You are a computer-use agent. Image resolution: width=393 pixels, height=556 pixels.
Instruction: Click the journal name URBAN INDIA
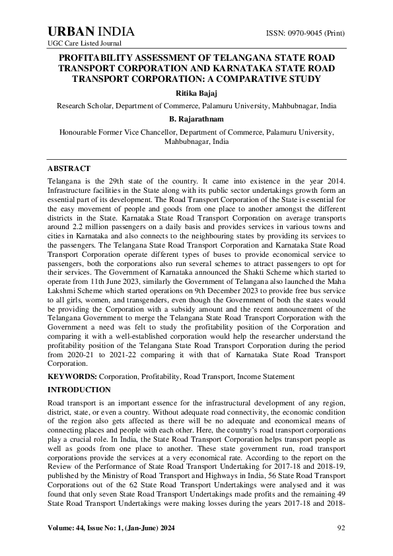[91, 32]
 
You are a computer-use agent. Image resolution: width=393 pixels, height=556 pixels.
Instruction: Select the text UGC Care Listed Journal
[78, 43]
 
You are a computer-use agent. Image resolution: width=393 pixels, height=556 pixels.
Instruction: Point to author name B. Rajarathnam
[196, 119]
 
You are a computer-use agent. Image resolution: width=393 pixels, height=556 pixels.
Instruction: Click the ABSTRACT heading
[69, 169]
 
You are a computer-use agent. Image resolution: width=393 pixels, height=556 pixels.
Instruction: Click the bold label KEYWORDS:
[71, 376]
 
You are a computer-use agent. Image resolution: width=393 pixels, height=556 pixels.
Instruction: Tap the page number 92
[341, 527]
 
